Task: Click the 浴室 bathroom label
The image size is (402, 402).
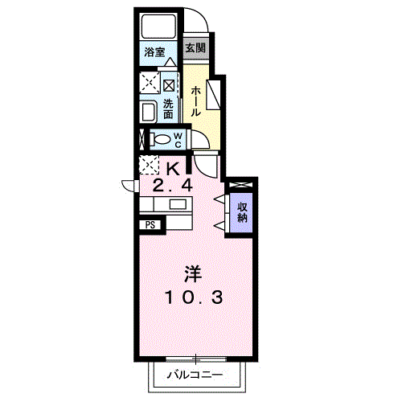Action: coord(154,52)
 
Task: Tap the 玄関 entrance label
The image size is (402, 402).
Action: coord(195,48)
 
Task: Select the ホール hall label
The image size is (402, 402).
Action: coord(195,101)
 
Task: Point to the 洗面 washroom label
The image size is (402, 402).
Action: coord(168,109)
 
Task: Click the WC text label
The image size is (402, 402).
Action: coord(178,140)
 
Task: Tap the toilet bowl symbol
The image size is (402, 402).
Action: coord(160,140)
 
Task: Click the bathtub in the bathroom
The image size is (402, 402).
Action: coord(158,27)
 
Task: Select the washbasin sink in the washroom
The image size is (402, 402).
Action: coord(149,112)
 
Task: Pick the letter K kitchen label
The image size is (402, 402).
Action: coord(174,169)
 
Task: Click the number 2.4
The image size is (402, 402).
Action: coord(172,185)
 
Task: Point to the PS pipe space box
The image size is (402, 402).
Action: coord(150,225)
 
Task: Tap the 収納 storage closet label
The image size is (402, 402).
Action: coord(242,212)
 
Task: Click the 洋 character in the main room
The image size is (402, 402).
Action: coord(193,273)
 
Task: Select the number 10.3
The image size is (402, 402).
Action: coord(194,297)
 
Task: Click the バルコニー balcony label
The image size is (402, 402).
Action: coord(195,375)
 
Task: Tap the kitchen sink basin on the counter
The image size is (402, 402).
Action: coord(178,205)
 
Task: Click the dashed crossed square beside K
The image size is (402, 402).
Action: coord(149,165)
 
